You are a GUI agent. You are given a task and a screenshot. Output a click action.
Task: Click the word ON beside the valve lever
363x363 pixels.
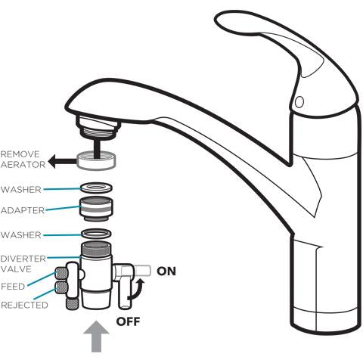[166, 271]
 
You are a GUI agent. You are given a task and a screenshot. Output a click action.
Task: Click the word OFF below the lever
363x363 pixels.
[128, 321]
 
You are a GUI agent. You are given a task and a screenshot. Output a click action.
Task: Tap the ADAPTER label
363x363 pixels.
[23, 210]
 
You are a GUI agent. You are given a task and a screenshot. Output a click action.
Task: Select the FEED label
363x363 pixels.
[13, 287]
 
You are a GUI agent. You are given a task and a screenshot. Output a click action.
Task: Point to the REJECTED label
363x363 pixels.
[24, 305]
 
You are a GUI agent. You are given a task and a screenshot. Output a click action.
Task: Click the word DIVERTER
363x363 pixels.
[23, 259]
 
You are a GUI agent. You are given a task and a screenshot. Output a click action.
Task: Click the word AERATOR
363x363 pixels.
[23, 165]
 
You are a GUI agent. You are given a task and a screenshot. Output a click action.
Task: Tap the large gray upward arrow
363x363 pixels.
[96, 337]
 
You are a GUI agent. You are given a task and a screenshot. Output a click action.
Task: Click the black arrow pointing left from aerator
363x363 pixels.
[62, 161]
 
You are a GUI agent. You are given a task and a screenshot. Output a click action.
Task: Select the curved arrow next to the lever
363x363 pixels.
[138, 290]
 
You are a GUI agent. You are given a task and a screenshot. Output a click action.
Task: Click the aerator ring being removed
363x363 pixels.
[96, 161]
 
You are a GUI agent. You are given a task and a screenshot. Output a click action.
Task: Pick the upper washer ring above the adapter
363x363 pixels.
[96, 188]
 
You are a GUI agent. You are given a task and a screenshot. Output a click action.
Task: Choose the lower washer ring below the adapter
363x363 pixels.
[96, 234]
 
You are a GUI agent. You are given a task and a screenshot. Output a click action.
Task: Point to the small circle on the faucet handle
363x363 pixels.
[299, 102]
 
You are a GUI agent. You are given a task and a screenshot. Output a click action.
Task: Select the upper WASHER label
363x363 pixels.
[21, 190]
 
